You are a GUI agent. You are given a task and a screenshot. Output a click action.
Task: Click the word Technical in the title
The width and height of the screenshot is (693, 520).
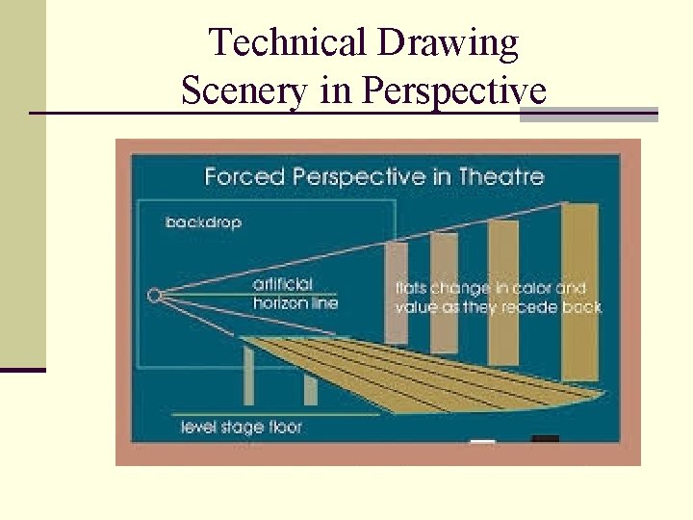tap(288, 43)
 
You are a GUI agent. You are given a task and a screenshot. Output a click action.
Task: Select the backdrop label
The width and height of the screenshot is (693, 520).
tap(203, 222)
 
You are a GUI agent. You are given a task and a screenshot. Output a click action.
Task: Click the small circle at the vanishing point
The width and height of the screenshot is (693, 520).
tap(154, 296)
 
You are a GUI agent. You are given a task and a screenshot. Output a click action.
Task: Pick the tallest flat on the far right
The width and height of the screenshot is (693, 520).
tap(578, 289)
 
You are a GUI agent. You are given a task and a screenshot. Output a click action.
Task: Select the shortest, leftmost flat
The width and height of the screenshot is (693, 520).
tap(396, 289)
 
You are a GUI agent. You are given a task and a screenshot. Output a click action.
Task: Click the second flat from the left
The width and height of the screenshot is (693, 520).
tap(444, 289)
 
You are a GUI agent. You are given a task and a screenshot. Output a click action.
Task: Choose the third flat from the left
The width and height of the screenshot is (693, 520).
tap(503, 289)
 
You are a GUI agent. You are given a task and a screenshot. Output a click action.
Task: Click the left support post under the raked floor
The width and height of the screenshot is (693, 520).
tap(249, 376)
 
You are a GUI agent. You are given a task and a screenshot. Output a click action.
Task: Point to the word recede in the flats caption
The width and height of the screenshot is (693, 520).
tap(521, 307)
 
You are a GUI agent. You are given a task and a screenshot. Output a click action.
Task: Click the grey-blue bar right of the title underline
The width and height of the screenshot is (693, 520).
tap(588, 115)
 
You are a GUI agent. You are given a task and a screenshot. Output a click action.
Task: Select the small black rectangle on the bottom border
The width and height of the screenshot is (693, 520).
tap(545, 440)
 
